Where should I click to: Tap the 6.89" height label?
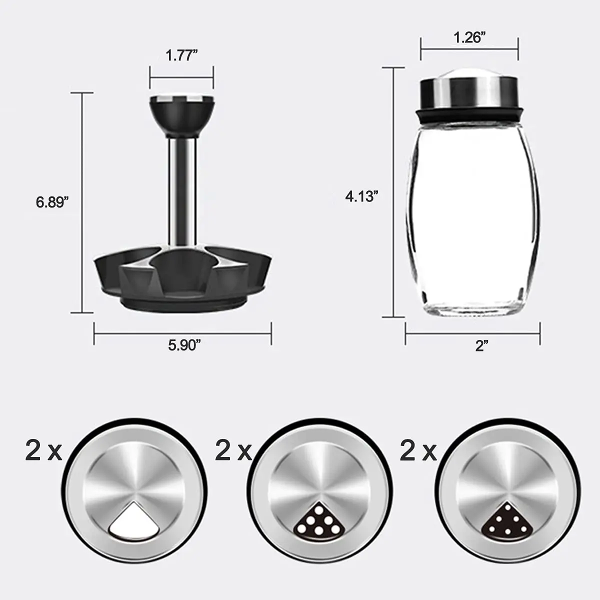[52, 202]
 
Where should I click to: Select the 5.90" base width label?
[184, 345]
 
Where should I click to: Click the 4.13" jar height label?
[360, 196]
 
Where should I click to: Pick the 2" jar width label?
[481, 345]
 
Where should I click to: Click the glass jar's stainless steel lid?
[469, 90]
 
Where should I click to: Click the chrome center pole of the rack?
[181, 190]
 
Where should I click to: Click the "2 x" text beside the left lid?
[43, 451]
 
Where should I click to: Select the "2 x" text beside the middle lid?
[233, 451]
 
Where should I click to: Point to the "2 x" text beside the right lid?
[418, 451]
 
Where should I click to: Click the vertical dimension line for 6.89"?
[82, 202]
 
